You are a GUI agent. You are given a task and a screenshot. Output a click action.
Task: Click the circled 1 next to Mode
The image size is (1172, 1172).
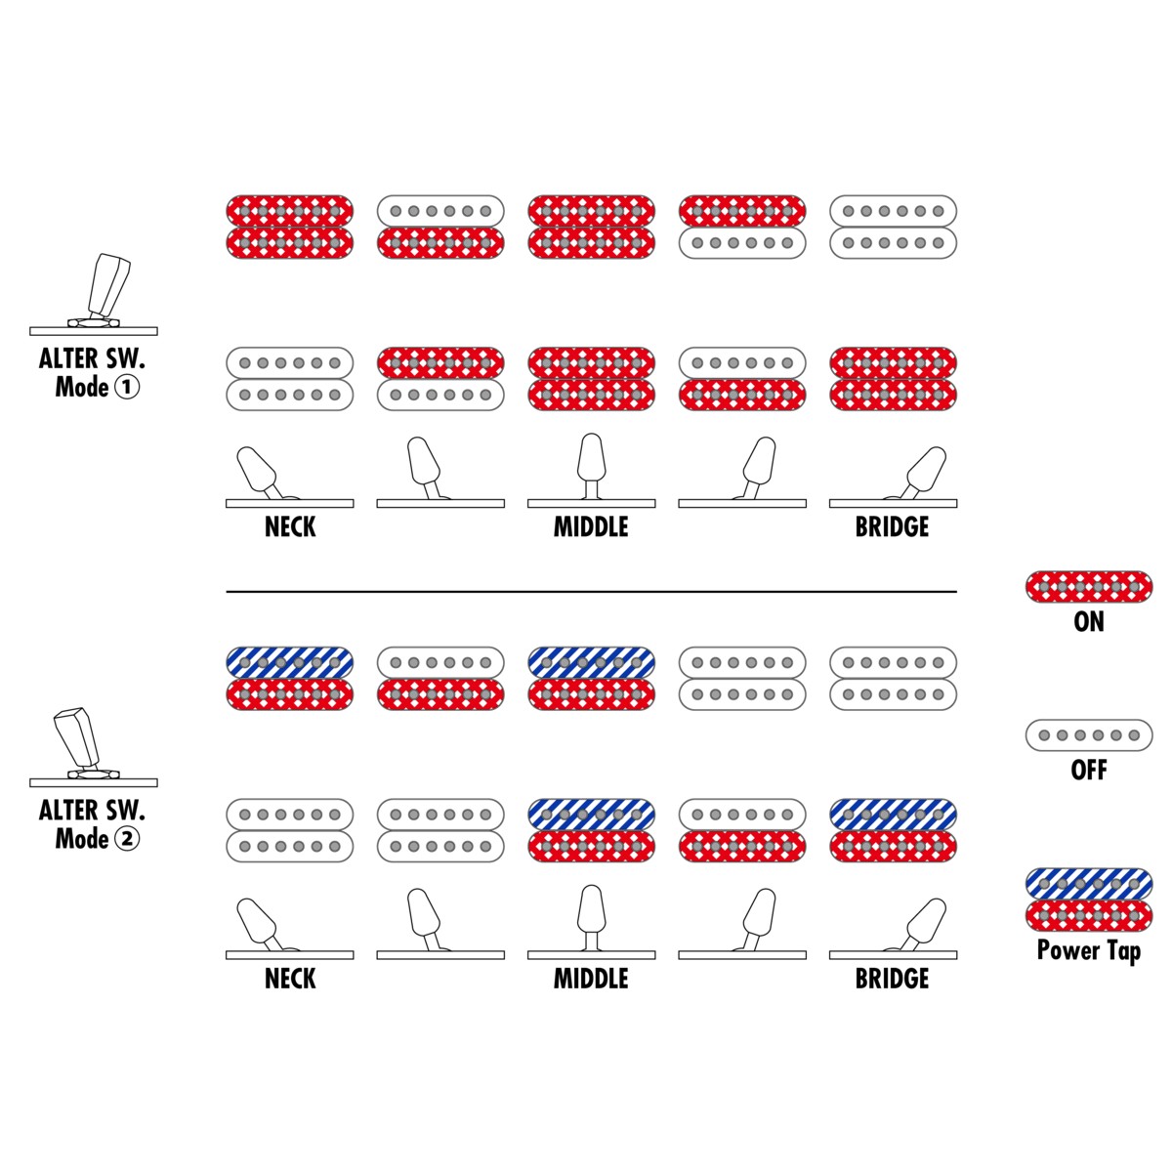click(x=127, y=388)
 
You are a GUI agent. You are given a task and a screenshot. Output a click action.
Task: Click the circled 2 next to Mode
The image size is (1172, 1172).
click(x=127, y=839)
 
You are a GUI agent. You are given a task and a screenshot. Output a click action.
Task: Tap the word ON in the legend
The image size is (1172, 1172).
click(x=1089, y=621)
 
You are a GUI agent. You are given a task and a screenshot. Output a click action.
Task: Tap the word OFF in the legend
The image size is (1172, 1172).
click(x=1089, y=770)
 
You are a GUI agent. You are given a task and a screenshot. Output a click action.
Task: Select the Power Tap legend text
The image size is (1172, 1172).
click(x=1089, y=951)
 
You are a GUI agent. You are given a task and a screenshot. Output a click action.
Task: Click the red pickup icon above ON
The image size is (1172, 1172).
click(x=1089, y=587)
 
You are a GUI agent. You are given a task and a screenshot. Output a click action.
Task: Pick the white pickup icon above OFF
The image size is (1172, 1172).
click(x=1089, y=735)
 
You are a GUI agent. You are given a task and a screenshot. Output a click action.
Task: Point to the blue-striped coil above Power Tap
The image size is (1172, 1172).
click(x=1089, y=884)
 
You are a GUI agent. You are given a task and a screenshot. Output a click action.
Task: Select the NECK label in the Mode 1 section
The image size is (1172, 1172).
click(x=290, y=526)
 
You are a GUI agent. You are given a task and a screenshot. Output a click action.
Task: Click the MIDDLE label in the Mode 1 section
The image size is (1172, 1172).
click(x=591, y=526)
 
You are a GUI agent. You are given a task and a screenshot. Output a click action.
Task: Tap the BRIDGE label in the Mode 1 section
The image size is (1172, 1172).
click(x=893, y=526)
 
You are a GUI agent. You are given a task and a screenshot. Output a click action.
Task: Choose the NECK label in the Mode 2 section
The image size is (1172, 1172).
click(x=290, y=979)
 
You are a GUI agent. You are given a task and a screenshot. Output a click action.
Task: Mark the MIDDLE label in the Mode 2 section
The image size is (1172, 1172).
click(x=591, y=979)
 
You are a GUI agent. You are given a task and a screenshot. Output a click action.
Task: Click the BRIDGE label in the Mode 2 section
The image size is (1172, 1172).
click(x=893, y=979)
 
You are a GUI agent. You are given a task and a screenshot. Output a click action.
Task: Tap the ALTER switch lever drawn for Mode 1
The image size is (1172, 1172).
click(x=108, y=284)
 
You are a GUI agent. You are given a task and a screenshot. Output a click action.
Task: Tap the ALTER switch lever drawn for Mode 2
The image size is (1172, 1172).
click(x=77, y=737)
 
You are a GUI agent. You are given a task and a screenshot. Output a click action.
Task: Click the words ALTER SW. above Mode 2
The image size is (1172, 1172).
click(x=93, y=810)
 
